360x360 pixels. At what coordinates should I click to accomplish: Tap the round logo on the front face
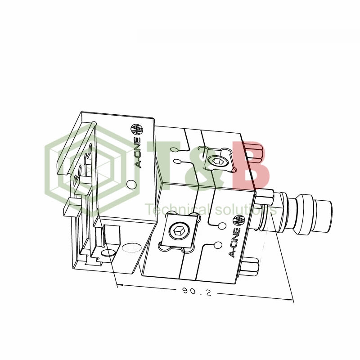tap(238, 220)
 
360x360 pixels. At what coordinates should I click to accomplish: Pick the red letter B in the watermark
tap(251, 165)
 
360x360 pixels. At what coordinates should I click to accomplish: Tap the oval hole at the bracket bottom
tap(108, 255)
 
